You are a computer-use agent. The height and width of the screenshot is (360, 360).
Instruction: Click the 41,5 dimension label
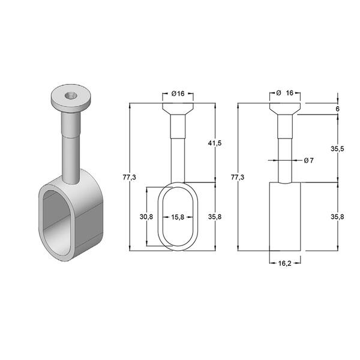(215, 143)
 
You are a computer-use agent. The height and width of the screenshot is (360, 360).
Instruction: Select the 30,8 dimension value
(146, 217)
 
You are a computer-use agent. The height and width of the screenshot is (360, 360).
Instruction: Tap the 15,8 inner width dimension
(178, 217)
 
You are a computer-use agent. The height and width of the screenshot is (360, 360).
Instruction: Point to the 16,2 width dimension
(284, 263)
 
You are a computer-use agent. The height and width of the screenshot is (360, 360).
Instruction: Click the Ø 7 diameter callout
(308, 160)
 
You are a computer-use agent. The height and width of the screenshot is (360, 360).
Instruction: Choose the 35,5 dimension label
(337, 149)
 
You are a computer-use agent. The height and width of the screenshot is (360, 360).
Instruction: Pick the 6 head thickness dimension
(337, 109)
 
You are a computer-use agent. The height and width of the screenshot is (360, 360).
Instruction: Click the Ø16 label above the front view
(178, 94)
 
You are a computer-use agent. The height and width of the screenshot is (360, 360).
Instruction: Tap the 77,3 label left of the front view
(129, 177)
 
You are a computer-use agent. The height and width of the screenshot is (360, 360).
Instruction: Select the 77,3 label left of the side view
(238, 177)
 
